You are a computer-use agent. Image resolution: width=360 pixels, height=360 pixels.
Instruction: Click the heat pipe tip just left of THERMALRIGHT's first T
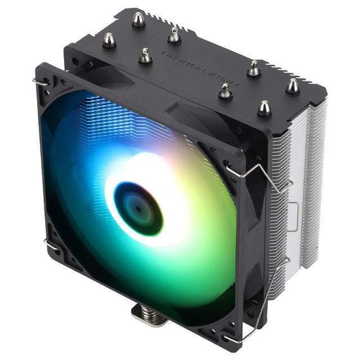click(x=145, y=56)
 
